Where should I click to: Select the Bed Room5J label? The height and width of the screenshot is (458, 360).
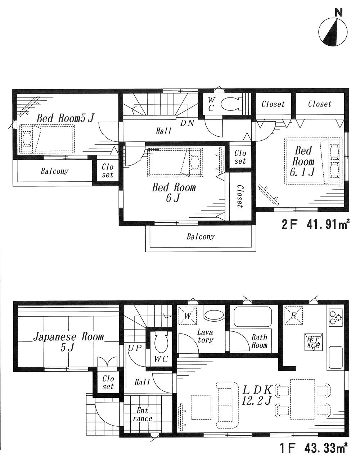click(x=66, y=118)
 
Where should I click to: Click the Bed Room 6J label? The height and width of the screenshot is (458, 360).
click(x=174, y=192)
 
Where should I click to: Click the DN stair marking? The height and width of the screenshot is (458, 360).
click(x=187, y=123)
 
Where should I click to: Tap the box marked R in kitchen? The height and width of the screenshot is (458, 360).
click(x=293, y=316)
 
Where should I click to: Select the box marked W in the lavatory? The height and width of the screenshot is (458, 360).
click(x=188, y=316)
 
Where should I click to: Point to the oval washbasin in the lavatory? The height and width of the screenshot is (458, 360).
click(x=213, y=315)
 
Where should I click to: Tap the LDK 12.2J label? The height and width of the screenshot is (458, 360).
click(x=256, y=395)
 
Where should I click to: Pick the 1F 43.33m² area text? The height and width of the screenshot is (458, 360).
click(x=314, y=448)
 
